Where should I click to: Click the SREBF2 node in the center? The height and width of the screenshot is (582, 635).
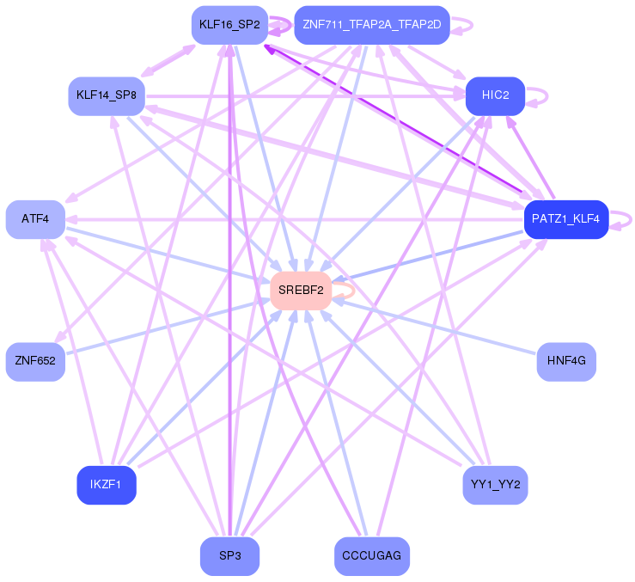(301, 291)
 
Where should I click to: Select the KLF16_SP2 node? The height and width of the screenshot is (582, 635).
(229, 25)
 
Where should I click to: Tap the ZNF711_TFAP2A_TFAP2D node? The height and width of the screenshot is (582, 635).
(371, 25)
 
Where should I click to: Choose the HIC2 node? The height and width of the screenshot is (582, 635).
(496, 95)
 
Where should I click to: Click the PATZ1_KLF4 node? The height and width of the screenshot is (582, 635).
(566, 219)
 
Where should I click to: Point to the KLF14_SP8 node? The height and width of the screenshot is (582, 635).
(106, 95)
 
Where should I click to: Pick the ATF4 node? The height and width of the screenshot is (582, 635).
(35, 219)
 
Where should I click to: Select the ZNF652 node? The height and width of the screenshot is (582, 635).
(35, 360)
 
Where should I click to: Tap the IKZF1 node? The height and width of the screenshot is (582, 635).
(106, 485)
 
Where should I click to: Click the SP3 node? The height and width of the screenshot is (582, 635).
(229, 556)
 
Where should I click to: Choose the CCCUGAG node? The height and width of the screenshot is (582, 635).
(371, 556)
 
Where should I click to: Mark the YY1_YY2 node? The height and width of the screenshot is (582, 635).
(496, 485)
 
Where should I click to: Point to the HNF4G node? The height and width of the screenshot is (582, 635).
(566, 360)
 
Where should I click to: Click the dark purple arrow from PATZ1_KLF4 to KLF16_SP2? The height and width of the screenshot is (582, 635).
(395, 119)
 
